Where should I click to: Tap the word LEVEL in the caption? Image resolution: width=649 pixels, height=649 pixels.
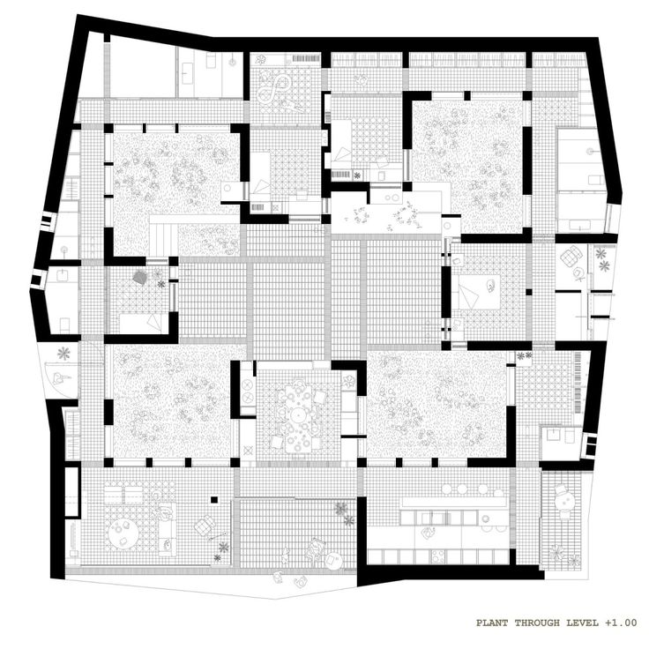point(583,623)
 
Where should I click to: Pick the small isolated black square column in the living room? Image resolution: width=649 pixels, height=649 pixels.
point(214,500)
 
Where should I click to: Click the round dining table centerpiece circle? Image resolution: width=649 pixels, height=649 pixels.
point(297,414)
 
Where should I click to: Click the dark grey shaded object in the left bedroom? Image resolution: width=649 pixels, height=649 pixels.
point(140,277)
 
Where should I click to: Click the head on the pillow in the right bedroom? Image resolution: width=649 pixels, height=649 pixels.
point(491,285)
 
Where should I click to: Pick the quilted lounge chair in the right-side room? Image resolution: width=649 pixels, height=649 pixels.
point(570,255)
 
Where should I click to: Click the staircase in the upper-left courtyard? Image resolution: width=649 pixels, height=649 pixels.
point(163,236)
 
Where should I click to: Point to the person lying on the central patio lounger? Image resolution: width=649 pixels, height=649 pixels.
point(315,548)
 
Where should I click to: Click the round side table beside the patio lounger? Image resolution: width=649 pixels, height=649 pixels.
point(333,561)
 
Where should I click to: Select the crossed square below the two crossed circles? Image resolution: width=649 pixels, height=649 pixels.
point(249,450)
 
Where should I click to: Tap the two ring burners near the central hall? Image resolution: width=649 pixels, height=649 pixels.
point(390,198)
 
